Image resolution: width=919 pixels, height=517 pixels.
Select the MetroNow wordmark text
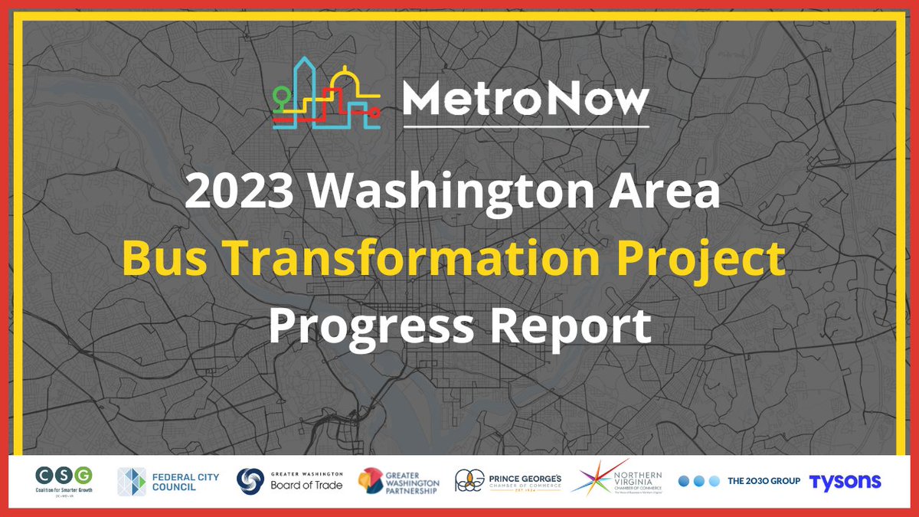[x=525, y=100]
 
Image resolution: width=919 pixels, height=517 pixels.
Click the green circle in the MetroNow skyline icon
[x=283, y=97]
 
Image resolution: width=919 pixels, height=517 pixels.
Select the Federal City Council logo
[x=168, y=482]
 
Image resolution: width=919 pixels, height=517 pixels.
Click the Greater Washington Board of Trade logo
[x=289, y=481]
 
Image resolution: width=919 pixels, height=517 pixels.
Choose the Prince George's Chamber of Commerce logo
[x=509, y=482]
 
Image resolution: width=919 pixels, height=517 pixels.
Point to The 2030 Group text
[x=764, y=481]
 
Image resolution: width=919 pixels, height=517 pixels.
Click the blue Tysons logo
[x=845, y=481]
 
